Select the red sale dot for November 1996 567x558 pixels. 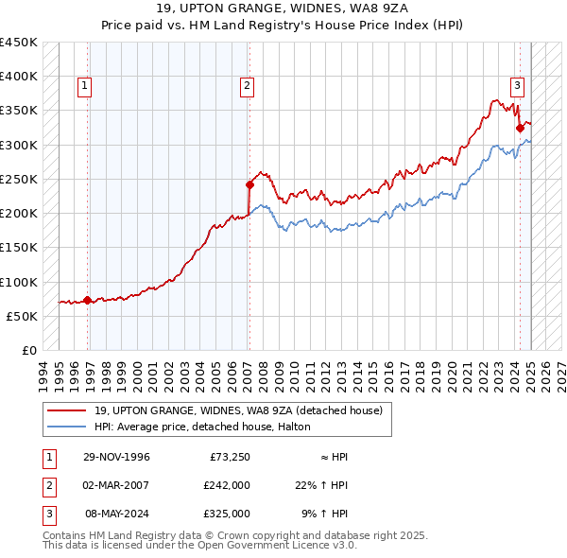point(88,300)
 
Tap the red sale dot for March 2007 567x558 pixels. point(249,184)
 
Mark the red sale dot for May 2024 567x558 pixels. point(520,128)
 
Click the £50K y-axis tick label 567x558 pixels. point(22,316)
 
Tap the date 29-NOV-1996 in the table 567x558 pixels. point(116,457)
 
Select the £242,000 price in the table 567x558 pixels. point(227,485)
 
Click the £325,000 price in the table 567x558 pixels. point(227,514)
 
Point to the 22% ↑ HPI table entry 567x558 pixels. point(321,485)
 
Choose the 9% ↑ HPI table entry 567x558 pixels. point(324,514)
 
